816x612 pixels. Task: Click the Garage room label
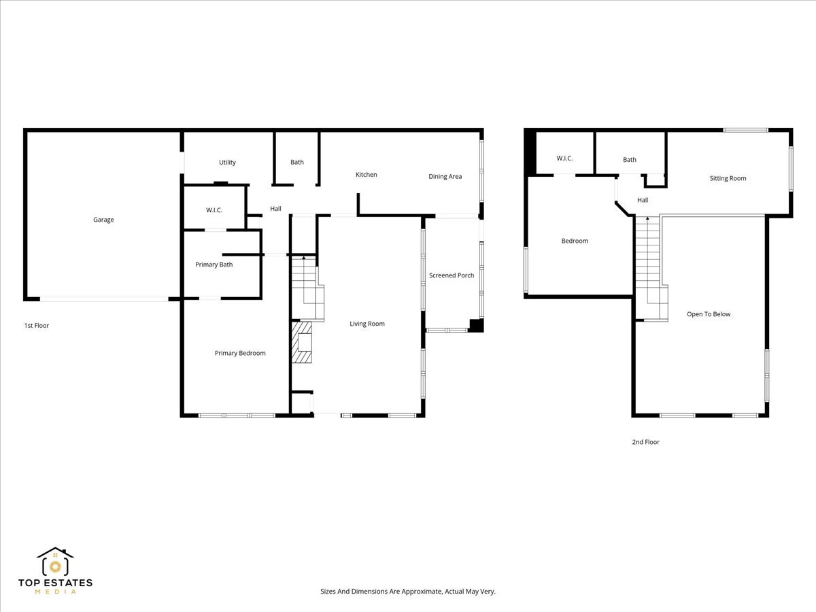coord(103,220)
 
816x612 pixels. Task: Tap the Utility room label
coord(227,163)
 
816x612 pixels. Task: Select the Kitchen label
coord(366,175)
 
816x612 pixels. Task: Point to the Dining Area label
coord(445,177)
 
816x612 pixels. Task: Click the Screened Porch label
coord(452,275)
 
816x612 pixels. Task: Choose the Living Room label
coord(367,324)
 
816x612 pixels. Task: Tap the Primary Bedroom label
coord(240,353)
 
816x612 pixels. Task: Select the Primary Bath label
coord(214,265)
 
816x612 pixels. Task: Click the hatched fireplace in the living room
coord(301,342)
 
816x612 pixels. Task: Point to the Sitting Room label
coord(728,178)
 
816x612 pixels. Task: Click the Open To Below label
coord(709,314)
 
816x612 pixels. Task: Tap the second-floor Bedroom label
coord(575,241)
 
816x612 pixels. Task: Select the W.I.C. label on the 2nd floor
coord(564,158)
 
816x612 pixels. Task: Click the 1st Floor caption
coord(37,326)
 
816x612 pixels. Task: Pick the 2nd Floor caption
coord(646,442)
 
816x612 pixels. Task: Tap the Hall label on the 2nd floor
coord(643,201)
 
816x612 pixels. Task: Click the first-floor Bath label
coord(297,162)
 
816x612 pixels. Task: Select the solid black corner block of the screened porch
coord(476,326)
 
